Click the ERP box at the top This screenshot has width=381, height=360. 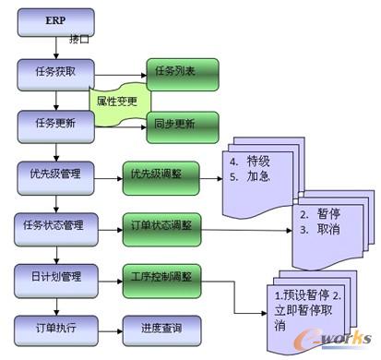tap(54, 19)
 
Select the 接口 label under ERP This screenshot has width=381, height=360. tap(80, 41)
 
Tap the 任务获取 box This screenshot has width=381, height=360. tap(54, 70)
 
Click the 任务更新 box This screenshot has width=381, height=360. tap(54, 122)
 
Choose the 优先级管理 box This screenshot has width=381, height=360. tap(54, 173)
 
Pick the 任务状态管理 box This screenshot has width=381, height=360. tap(54, 224)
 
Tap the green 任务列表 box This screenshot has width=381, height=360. tap(182, 70)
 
